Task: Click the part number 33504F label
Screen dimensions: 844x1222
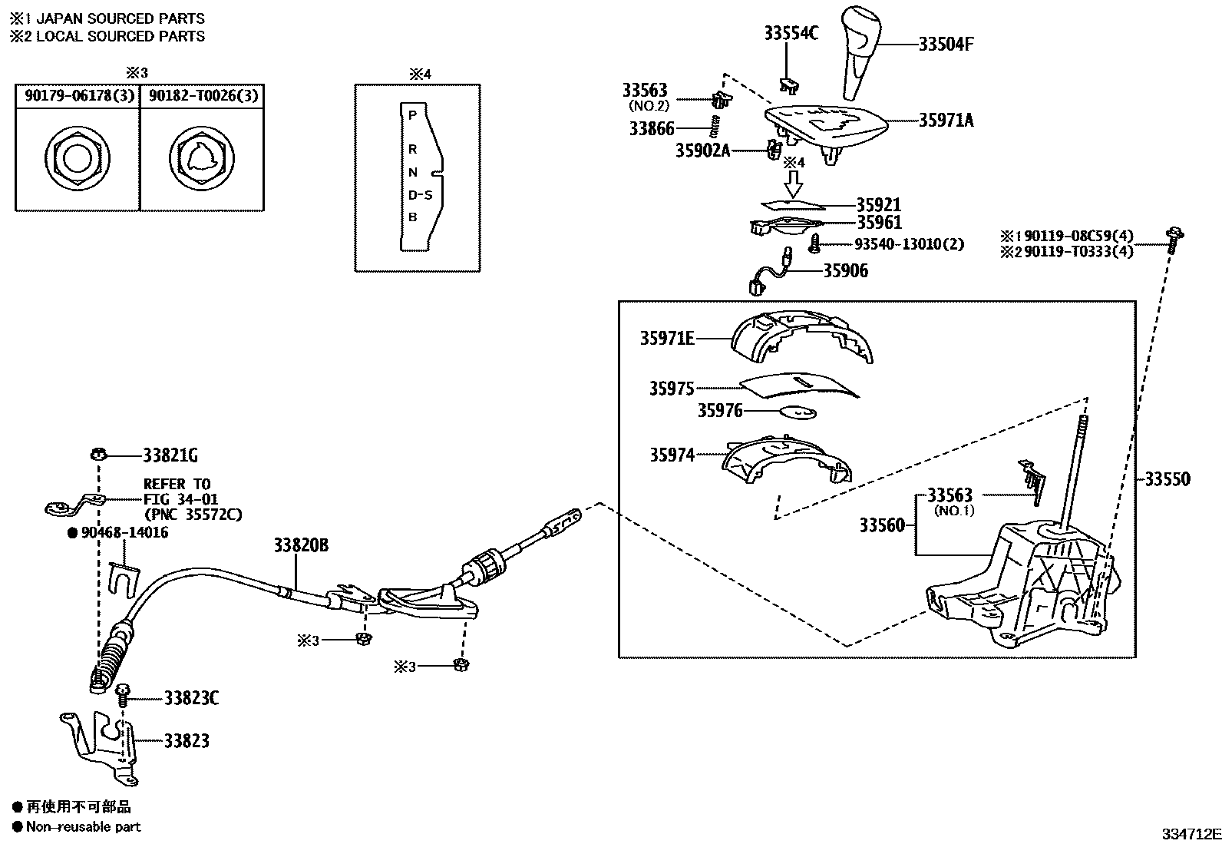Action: click(946, 45)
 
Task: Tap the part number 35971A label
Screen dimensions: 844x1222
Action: click(946, 120)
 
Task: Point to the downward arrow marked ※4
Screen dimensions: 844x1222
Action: click(794, 183)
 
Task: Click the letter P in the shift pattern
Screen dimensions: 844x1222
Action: click(412, 115)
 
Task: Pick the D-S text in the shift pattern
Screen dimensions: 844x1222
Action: click(420, 195)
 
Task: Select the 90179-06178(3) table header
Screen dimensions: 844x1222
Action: click(78, 96)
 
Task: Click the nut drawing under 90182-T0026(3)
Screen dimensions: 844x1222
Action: click(202, 159)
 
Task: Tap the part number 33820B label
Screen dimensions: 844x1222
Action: click(301, 545)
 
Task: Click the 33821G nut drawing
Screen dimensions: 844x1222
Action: click(97, 455)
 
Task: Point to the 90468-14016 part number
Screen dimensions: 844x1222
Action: click(124, 532)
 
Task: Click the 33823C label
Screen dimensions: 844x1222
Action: click(191, 698)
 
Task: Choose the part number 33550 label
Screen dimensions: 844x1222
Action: click(1168, 479)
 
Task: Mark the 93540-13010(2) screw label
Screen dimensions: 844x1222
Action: click(909, 244)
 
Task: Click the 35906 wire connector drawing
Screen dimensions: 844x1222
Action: click(768, 275)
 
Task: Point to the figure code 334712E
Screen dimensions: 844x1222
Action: click(1190, 834)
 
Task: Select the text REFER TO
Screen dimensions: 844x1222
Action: click(177, 484)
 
